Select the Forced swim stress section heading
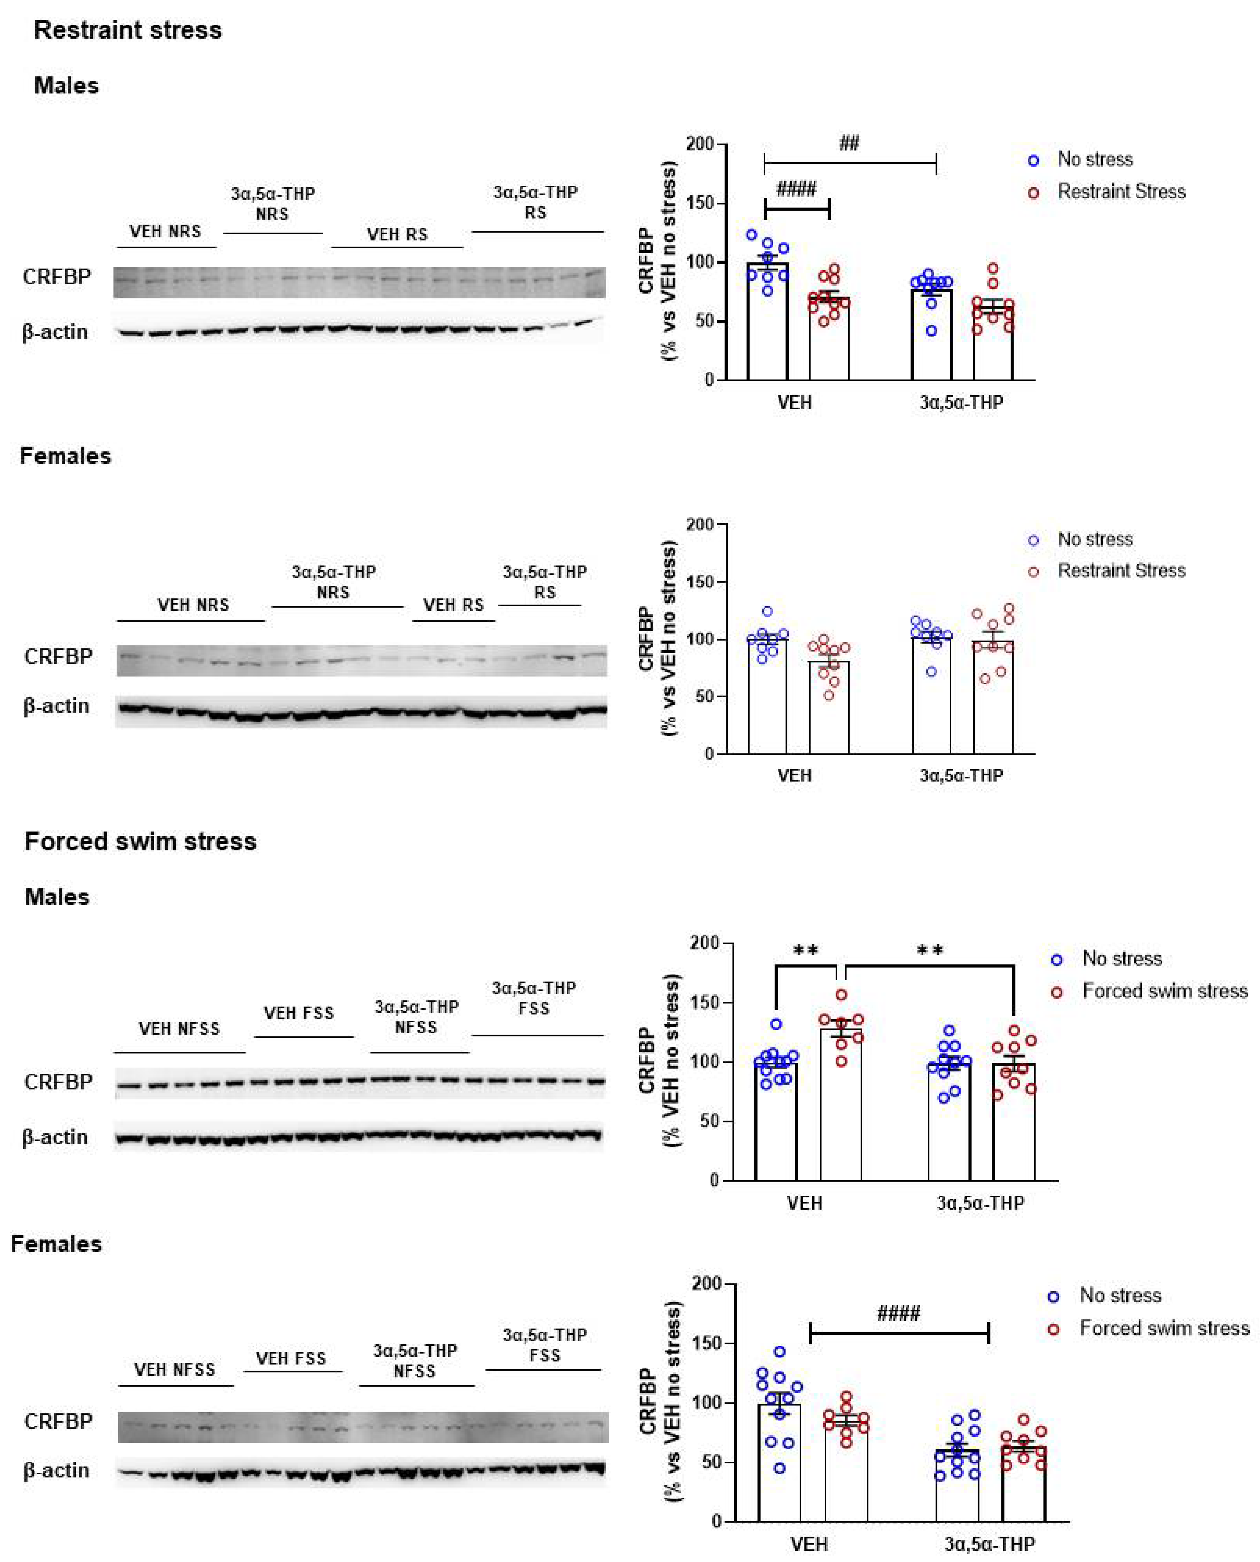click(140, 841)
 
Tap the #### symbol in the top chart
click(796, 190)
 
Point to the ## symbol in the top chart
click(849, 143)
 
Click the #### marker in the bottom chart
click(899, 1313)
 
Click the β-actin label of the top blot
click(55, 333)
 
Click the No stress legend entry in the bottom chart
click(1120, 1296)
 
